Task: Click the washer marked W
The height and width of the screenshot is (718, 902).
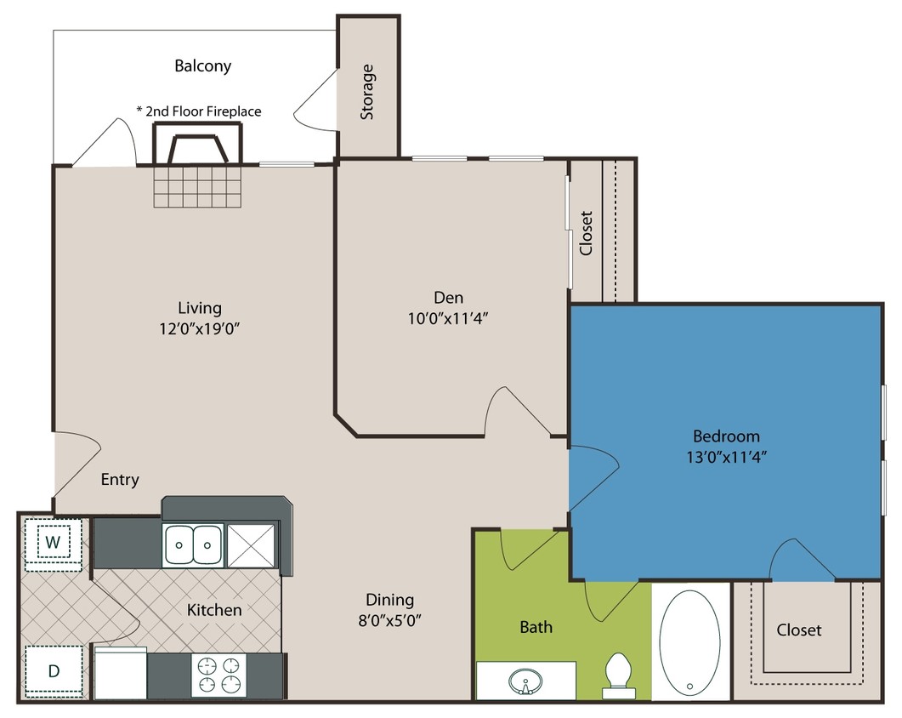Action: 53,542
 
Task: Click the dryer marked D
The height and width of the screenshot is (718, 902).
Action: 53,670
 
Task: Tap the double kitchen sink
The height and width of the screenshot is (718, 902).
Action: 193,544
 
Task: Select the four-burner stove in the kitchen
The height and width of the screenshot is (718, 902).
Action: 219,674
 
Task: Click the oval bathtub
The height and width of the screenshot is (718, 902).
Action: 690,643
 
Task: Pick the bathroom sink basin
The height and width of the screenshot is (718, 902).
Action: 525,681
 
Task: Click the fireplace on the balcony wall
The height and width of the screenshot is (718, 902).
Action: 197,145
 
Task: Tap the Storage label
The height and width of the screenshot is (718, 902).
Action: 367,91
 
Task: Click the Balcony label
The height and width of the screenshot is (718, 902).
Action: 202,66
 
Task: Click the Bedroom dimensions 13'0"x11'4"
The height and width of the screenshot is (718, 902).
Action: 726,455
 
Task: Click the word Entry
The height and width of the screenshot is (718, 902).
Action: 120,480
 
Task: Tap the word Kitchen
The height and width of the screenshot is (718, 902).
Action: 214,610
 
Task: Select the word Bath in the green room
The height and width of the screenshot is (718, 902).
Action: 536,627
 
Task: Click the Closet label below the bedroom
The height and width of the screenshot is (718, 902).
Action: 799,630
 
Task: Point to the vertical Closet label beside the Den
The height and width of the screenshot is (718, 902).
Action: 586,233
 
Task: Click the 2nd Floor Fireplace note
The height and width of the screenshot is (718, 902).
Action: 198,111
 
